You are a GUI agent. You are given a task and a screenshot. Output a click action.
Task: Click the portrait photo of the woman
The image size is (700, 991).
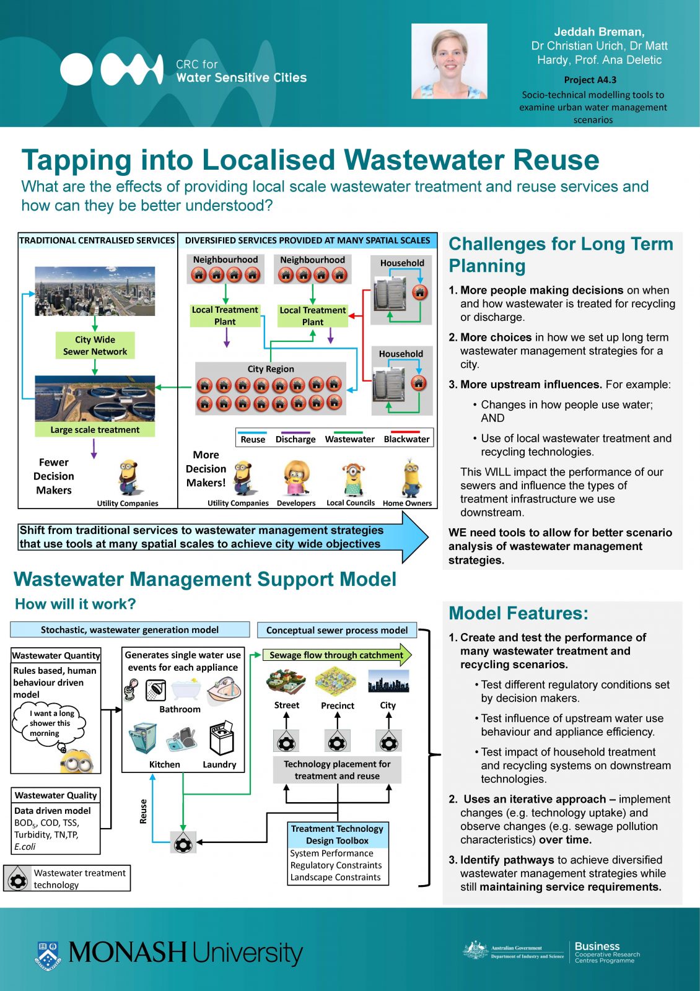click(x=449, y=61)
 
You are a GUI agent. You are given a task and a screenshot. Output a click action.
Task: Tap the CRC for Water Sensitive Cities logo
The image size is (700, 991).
click(x=183, y=69)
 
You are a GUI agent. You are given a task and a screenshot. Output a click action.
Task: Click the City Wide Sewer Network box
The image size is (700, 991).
click(x=95, y=346)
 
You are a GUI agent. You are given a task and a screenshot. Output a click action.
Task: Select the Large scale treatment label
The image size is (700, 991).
click(x=95, y=430)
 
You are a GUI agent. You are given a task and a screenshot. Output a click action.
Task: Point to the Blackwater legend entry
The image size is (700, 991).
click(x=406, y=439)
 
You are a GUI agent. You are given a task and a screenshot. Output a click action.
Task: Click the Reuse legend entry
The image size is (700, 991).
click(x=253, y=439)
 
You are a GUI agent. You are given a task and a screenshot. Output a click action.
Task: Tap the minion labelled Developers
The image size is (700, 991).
click(x=296, y=478)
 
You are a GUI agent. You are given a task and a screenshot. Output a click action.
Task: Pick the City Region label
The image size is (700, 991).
click(x=271, y=369)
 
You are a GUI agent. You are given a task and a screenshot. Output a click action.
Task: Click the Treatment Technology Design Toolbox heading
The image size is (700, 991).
click(x=337, y=834)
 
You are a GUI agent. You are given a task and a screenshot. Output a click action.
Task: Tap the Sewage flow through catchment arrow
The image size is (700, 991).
click(x=337, y=655)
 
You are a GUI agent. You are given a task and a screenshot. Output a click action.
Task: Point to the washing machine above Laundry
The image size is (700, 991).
click(x=221, y=738)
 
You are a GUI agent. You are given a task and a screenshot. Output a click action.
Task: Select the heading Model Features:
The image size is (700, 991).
click(x=518, y=613)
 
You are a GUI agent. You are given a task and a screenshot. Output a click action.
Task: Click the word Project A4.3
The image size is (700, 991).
click(x=590, y=79)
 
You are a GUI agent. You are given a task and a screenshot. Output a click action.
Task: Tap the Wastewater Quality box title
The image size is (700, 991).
click(x=56, y=795)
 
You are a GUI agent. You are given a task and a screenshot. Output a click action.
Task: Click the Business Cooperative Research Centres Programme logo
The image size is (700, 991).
click(x=605, y=952)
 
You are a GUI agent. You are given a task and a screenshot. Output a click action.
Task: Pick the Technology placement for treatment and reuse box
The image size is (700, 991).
click(x=337, y=770)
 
